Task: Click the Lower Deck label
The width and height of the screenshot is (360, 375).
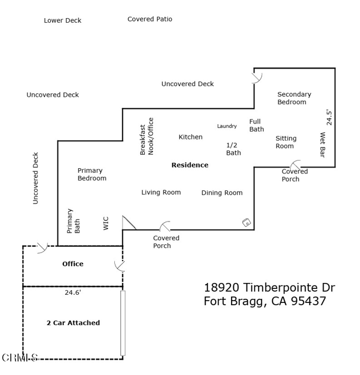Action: [x=63, y=21]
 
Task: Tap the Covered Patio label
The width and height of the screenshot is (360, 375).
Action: [x=150, y=19]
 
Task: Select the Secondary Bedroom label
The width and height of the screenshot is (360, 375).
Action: [x=294, y=98]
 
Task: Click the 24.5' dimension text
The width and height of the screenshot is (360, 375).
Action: [x=330, y=117]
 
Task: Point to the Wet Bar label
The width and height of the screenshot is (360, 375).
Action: [x=322, y=145]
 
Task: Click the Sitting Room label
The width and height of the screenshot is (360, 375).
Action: [x=286, y=142]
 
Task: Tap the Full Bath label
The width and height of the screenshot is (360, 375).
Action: [x=256, y=125]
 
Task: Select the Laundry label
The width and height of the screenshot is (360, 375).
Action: [x=227, y=126]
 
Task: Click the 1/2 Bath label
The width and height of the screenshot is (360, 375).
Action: [x=233, y=149]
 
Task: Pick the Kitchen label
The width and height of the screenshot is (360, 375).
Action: [x=191, y=137]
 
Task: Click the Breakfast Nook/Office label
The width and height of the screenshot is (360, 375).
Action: [x=147, y=137]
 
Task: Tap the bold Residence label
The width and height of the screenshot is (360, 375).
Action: [x=190, y=165]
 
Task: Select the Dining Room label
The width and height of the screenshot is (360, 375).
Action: [x=222, y=193]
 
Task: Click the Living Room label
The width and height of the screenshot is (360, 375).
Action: [x=161, y=192]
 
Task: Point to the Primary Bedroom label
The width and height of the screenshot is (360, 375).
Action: [x=92, y=175]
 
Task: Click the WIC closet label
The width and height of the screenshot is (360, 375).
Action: [x=106, y=223]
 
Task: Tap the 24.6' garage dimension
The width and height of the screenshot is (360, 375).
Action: [x=73, y=292]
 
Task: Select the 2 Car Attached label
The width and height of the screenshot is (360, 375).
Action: [x=73, y=323]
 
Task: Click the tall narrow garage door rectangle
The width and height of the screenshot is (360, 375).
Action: [x=123, y=322]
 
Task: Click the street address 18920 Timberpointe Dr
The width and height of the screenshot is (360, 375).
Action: [x=269, y=288]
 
